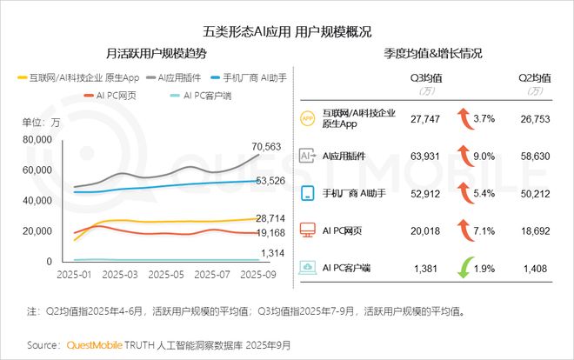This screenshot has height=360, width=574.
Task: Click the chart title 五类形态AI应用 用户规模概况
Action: pos(287,31)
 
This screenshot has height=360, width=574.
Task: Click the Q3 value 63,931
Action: pos(426,156)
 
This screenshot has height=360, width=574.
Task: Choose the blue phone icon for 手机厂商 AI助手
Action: pos(307,194)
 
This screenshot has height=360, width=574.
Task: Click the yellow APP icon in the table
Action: pos(307,118)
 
